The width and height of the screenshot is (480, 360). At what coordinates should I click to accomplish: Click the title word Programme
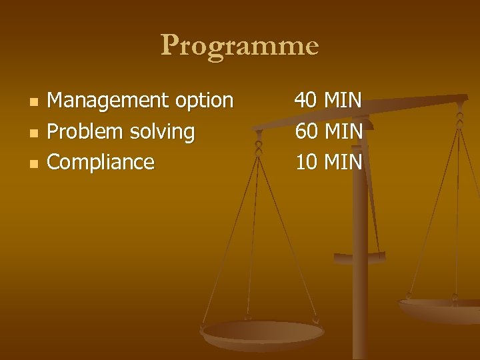pyautogui.click(x=240, y=46)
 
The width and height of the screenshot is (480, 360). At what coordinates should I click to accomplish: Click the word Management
pyautogui.click(x=107, y=100)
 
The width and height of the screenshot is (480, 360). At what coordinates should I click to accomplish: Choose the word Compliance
pyautogui.click(x=101, y=162)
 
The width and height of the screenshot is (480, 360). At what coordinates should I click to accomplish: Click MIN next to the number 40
pyautogui.click(x=343, y=101)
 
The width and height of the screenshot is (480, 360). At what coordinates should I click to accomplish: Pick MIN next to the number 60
pyautogui.click(x=343, y=131)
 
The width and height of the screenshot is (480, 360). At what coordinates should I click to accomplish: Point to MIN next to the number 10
pyautogui.click(x=343, y=162)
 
